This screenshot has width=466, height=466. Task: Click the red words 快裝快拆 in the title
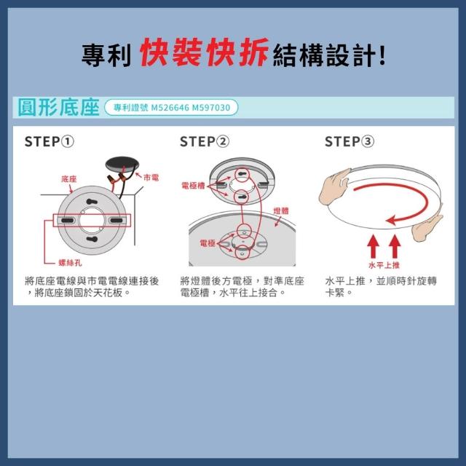[x=204, y=52]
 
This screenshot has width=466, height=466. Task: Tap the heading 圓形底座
[x=58, y=107]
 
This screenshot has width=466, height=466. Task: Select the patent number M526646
[x=170, y=107]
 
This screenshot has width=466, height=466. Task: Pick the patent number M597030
[x=211, y=107]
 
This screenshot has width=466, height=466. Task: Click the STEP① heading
[x=50, y=141]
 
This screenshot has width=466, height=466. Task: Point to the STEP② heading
[x=205, y=141]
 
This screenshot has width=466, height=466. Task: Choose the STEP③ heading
[x=349, y=141]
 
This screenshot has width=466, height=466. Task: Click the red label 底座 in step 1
[x=69, y=179]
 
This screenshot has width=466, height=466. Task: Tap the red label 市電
[x=151, y=178]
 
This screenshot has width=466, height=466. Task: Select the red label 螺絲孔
[x=70, y=263]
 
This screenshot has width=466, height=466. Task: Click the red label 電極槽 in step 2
[x=193, y=186]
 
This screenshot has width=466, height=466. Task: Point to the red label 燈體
[x=281, y=210]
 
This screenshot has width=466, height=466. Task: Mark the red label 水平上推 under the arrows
[x=384, y=265]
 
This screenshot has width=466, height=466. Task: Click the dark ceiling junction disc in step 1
[x=122, y=165]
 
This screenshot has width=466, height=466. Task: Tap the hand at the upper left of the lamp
[x=335, y=186]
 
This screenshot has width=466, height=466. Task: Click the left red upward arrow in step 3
[x=373, y=246]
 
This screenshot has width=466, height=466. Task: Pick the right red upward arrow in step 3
[x=395, y=246]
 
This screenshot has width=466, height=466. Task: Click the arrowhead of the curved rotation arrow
[x=391, y=221]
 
